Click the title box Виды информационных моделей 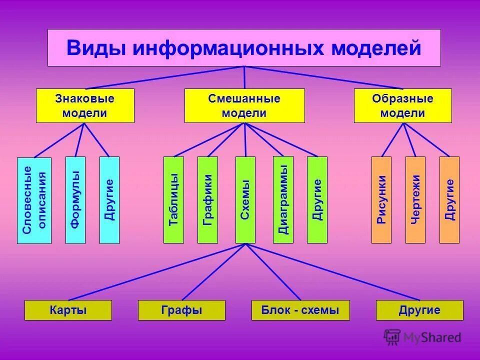point(244,48)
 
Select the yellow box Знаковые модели point(85,105)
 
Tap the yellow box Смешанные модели point(244,105)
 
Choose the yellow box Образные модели point(402,105)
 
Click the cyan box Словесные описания point(34,200)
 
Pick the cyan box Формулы point(75,200)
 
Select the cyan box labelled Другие point(109,200)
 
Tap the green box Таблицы point(174,200)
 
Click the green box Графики point(207,200)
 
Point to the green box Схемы point(245,200)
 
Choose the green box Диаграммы point(283,200)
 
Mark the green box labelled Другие point(317,200)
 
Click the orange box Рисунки point(381,200)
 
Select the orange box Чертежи point(415,200)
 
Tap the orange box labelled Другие point(449,200)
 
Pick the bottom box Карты point(68,310)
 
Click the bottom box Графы point(181,310)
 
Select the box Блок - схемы point(300,310)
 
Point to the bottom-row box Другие point(419,310)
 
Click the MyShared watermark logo point(422,337)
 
